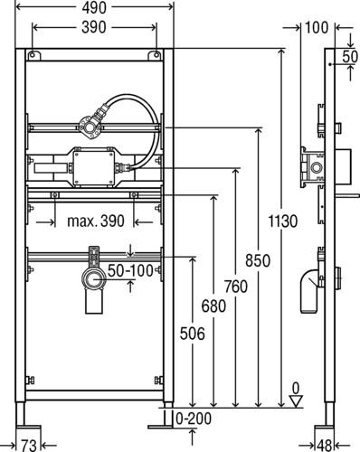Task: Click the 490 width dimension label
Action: point(94,8)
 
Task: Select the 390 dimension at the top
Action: point(94,27)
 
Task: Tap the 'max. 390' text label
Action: point(96,221)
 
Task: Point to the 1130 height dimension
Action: point(283,221)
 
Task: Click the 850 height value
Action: point(258,260)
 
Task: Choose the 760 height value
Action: point(235,287)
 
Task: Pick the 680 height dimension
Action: point(213,306)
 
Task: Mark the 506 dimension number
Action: point(193,334)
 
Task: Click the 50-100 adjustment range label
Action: point(130,270)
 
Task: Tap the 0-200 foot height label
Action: point(194,419)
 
